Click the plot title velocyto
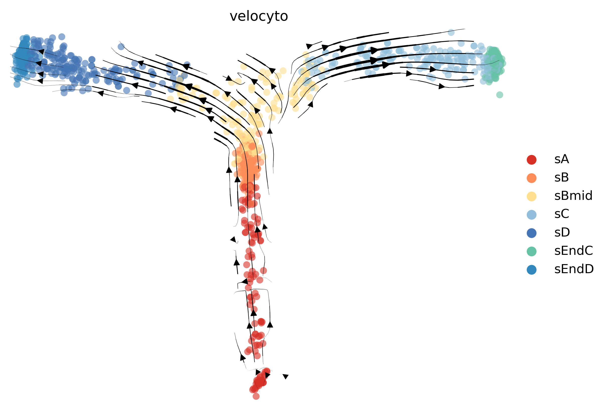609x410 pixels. pyautogui.click(x=259, y=16)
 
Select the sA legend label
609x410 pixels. pyautogui.click(x=562, y=159)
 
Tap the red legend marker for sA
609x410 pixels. pyautogui.click(x=531, y=159)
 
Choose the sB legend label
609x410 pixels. pyautogui.click(x=562, y=178)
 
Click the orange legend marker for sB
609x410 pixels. pyautogui.click(x=531, y=178)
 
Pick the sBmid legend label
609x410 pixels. pyautogui.click(x=573, y=196)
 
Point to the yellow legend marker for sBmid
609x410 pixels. pyautogui.click(x=531, y=196)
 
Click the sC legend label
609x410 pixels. pyautogui.click(x=562, y=214)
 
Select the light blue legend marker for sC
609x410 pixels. pyautogui.click(x=531, y=214)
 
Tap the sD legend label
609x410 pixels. pyautogui.click(x=562, y=232)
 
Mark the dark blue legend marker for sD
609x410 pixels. pyautogui.click(x=531, y=233)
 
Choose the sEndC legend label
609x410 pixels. pyautogui.click(x=573, y=251)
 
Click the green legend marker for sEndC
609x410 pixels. pyautogui.click(x=531, y=251)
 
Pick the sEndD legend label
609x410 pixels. pyautogui.click(x=574, y=269)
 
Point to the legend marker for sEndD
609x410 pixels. pyautogui.click(x=531, y=270)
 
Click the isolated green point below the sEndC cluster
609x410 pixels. pyautogui.click(x=499, y=95)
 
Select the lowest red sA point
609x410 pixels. pyautogui.click(x=256, y=396)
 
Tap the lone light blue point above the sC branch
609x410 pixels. pyautogui.click(x=451, y=32)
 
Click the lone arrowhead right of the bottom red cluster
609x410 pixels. pyautogui.click(x=286, y=376)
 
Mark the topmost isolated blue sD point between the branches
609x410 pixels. pyautogui.click(x=121, y=46)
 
